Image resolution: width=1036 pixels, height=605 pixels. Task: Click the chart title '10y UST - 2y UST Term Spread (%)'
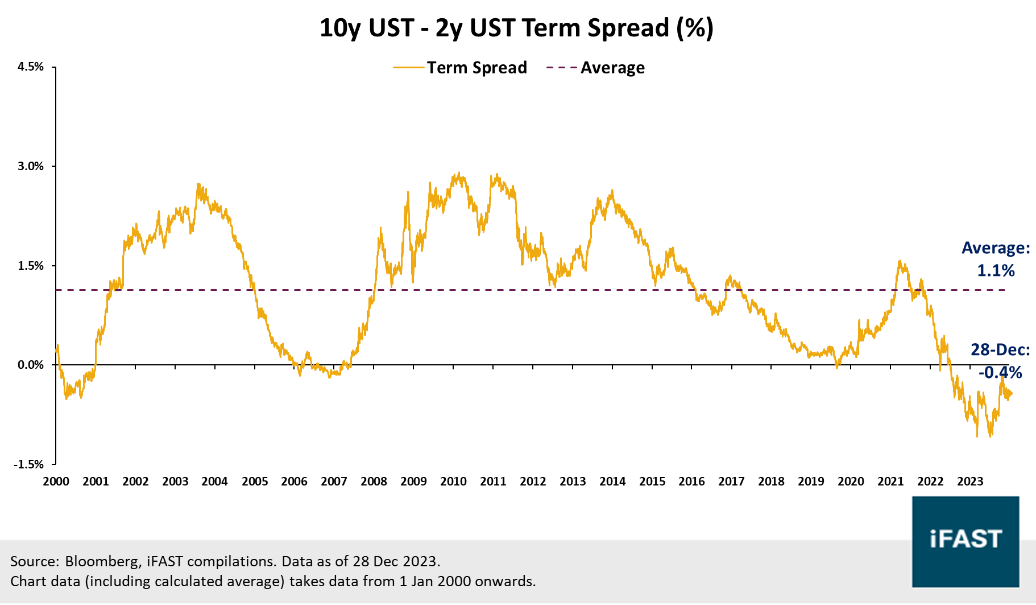tap(516, 28)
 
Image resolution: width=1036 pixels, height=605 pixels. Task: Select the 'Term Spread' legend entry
tap(461, 68)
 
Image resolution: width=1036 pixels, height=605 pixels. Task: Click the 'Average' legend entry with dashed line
tap(595, 68)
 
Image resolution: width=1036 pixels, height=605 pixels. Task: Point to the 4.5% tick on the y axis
tap(31, 67)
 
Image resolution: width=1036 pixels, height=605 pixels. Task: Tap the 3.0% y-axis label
tap(31, 166)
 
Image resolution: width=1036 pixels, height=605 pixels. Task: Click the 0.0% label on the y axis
tap(31, 365)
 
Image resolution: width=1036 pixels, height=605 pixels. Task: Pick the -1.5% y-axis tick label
tap(29, 464)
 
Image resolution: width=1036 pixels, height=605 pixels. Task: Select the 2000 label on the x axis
tap(56, 481)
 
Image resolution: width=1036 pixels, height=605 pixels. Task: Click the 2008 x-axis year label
tap(374, 481)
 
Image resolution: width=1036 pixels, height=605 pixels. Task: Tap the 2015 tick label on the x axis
tap(652, 481)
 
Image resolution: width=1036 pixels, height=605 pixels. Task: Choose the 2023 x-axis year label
tap(969, 481)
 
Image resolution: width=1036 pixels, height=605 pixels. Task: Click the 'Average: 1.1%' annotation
tap(996, 259)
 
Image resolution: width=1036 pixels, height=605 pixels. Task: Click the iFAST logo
tap(965, 541)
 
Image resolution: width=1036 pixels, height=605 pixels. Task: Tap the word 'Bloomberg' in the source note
tap(102, 561)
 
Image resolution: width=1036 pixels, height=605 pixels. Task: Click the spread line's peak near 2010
tap(458, 174)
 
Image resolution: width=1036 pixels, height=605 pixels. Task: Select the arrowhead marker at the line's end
tap(1009, 393)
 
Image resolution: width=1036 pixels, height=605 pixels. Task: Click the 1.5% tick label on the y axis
tap(31, 266)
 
